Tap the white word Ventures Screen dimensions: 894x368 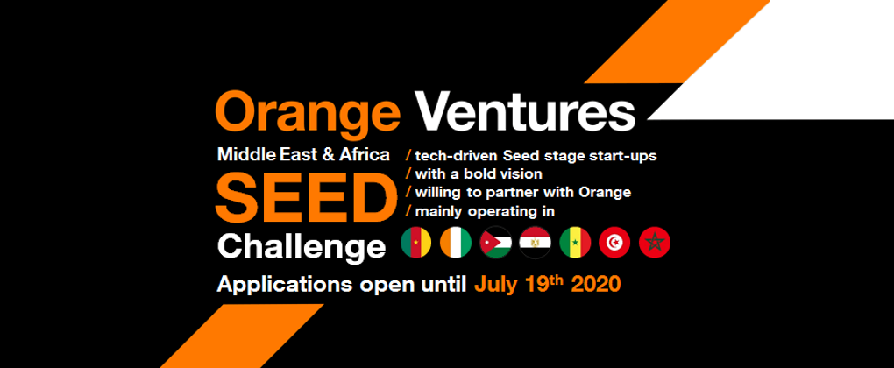525,111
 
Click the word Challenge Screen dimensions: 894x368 302,247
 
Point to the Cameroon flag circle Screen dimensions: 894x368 416,243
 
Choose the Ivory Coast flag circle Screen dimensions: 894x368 456,243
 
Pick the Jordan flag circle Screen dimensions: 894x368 495,243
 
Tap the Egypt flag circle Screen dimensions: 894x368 535,243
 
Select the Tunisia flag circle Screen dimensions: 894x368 614,243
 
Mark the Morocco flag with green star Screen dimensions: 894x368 655,243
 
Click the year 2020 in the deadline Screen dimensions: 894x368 595,284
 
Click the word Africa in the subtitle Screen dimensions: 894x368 365,154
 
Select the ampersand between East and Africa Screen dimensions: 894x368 329,154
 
